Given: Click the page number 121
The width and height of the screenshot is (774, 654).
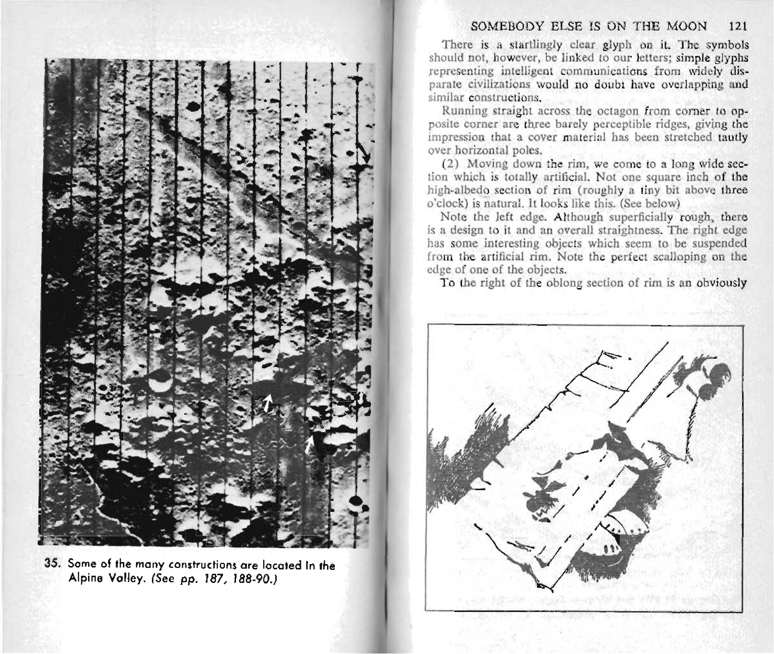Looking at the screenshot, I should (x=739, y=26).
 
